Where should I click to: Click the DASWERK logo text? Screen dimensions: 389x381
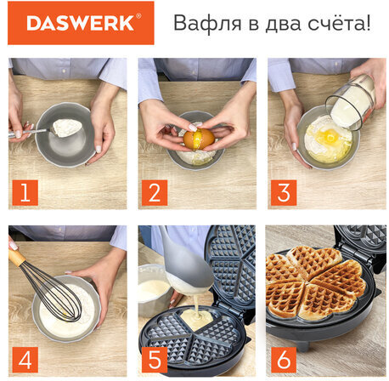click(80, 23)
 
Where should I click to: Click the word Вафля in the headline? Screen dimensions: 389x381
click(207, 23)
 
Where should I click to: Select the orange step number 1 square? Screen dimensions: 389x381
click(25, 192)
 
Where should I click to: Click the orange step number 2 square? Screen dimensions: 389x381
click(155, 192)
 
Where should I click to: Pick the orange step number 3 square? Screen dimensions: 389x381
click(284, 192)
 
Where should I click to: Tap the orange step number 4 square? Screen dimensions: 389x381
click(25, 360)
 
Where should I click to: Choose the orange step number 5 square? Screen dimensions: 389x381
click(155, 360)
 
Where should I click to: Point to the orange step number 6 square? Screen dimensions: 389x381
click(284, 360)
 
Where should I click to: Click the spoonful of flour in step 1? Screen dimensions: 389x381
click(67, 128)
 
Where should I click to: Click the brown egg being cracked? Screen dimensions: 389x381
click(199, 139)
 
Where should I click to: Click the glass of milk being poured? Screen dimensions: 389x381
click(351, 103)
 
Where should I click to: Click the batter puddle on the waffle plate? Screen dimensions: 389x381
click(196, 318)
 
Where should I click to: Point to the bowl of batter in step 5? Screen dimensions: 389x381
click(154, 290)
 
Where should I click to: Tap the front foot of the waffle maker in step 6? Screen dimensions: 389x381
click(303, 345)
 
